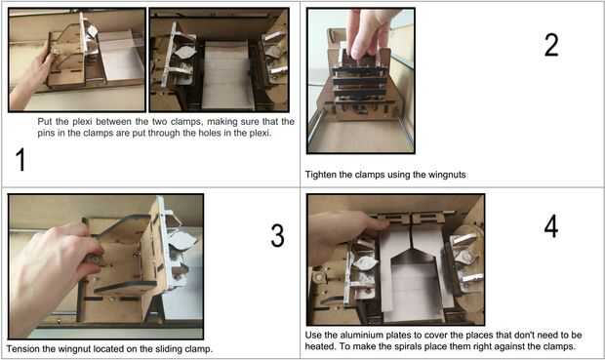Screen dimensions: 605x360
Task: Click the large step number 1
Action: point(20,160)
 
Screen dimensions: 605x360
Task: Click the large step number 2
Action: point(551,45)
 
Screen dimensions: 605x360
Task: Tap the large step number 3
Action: point(277,235)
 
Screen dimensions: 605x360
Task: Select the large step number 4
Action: point(551,226)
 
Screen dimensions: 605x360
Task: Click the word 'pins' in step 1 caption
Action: point(46,133)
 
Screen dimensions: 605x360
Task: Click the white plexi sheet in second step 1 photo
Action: point(226,74)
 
